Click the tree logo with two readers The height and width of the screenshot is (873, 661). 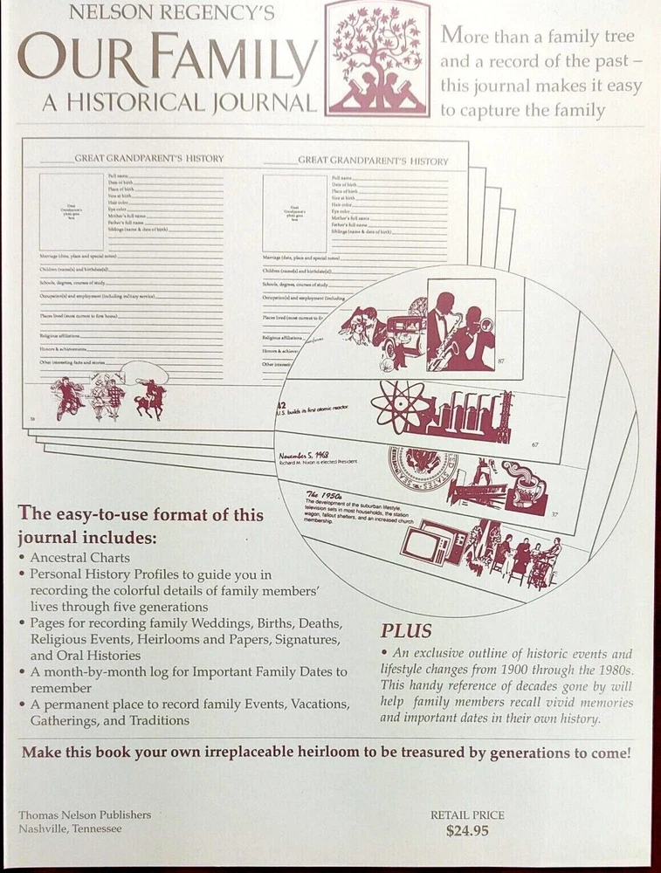376,58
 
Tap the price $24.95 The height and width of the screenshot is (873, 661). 466,830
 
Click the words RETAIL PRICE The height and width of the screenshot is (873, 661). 467,815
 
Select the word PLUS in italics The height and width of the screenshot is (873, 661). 406,630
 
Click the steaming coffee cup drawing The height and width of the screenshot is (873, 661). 526,485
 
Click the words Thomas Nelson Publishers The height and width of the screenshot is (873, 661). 85,815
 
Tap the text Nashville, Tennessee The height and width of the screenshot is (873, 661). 70,828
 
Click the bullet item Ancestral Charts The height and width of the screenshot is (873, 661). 79,557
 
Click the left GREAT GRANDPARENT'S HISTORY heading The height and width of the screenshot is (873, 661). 148,159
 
